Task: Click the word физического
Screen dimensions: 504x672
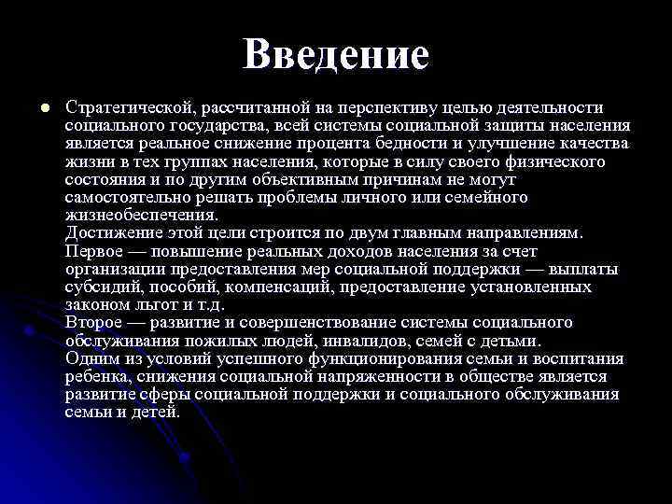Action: coord(552,161)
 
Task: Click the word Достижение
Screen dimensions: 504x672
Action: coord(112,233)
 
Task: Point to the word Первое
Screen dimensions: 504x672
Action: coord(93,252)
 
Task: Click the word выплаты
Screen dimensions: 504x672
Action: coord(585,270)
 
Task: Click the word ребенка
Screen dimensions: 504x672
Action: coord(97,377)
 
